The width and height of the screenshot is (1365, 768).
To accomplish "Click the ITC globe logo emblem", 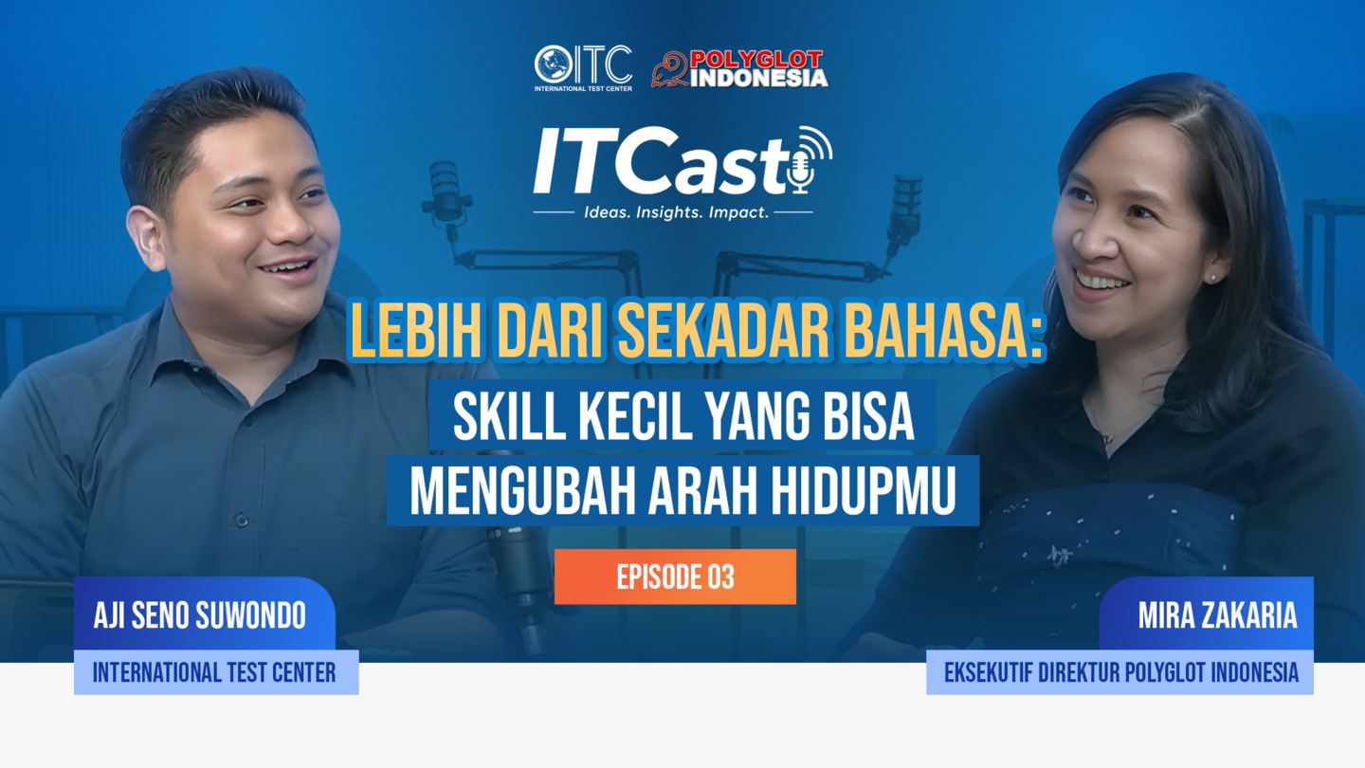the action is (x=554, y=64).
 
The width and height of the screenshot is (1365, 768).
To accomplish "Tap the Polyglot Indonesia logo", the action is (x=739, y=68).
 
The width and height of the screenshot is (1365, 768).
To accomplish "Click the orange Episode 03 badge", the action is (x=675, y=576).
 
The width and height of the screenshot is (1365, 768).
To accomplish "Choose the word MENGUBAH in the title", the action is (x=523, y=491).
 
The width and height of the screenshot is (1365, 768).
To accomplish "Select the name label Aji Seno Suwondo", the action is (x=200, y=615).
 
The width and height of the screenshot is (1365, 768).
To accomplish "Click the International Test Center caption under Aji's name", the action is (x=214, y=673).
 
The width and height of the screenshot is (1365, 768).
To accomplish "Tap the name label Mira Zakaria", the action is (x=1217, y=615).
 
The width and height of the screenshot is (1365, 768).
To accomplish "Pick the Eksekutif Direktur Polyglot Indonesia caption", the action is (x=1121, y=673).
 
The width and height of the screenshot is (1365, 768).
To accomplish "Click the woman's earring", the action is (x=1212, y=278).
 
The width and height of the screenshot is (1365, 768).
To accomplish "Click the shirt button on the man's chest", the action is (x=242, y=521).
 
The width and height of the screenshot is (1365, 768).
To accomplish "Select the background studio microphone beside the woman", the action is (x=904, y=209).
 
